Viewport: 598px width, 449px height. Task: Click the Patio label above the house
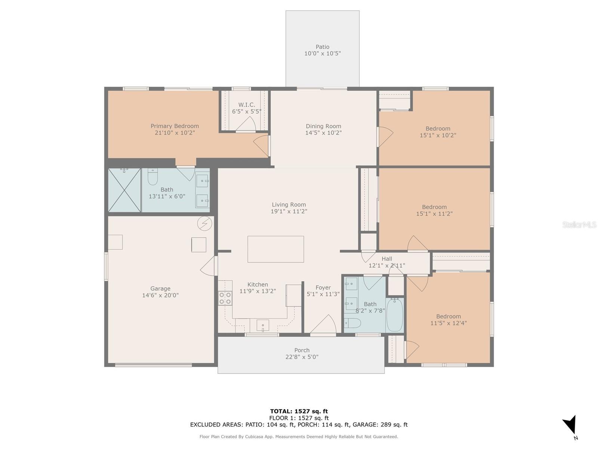322,47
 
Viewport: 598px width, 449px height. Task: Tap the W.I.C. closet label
247,105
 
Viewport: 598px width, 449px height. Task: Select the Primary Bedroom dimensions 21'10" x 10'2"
175,133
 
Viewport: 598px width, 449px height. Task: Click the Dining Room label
323,126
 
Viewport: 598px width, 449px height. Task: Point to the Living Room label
289,204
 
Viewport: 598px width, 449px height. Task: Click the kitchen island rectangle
275,249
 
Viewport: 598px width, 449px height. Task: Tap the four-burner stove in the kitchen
225,298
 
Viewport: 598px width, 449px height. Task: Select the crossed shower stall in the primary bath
124,190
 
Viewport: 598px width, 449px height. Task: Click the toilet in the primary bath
152,177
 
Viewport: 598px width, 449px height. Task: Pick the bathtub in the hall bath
395,315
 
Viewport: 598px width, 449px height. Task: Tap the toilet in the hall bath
352,323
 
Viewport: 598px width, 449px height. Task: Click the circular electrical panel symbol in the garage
204,223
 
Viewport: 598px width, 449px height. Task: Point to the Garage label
160,288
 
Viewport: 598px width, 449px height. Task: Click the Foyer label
323,287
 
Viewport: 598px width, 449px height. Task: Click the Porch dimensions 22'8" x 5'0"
302,357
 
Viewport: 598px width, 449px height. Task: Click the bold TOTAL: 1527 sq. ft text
299,411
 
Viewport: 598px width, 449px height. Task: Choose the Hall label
387,259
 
